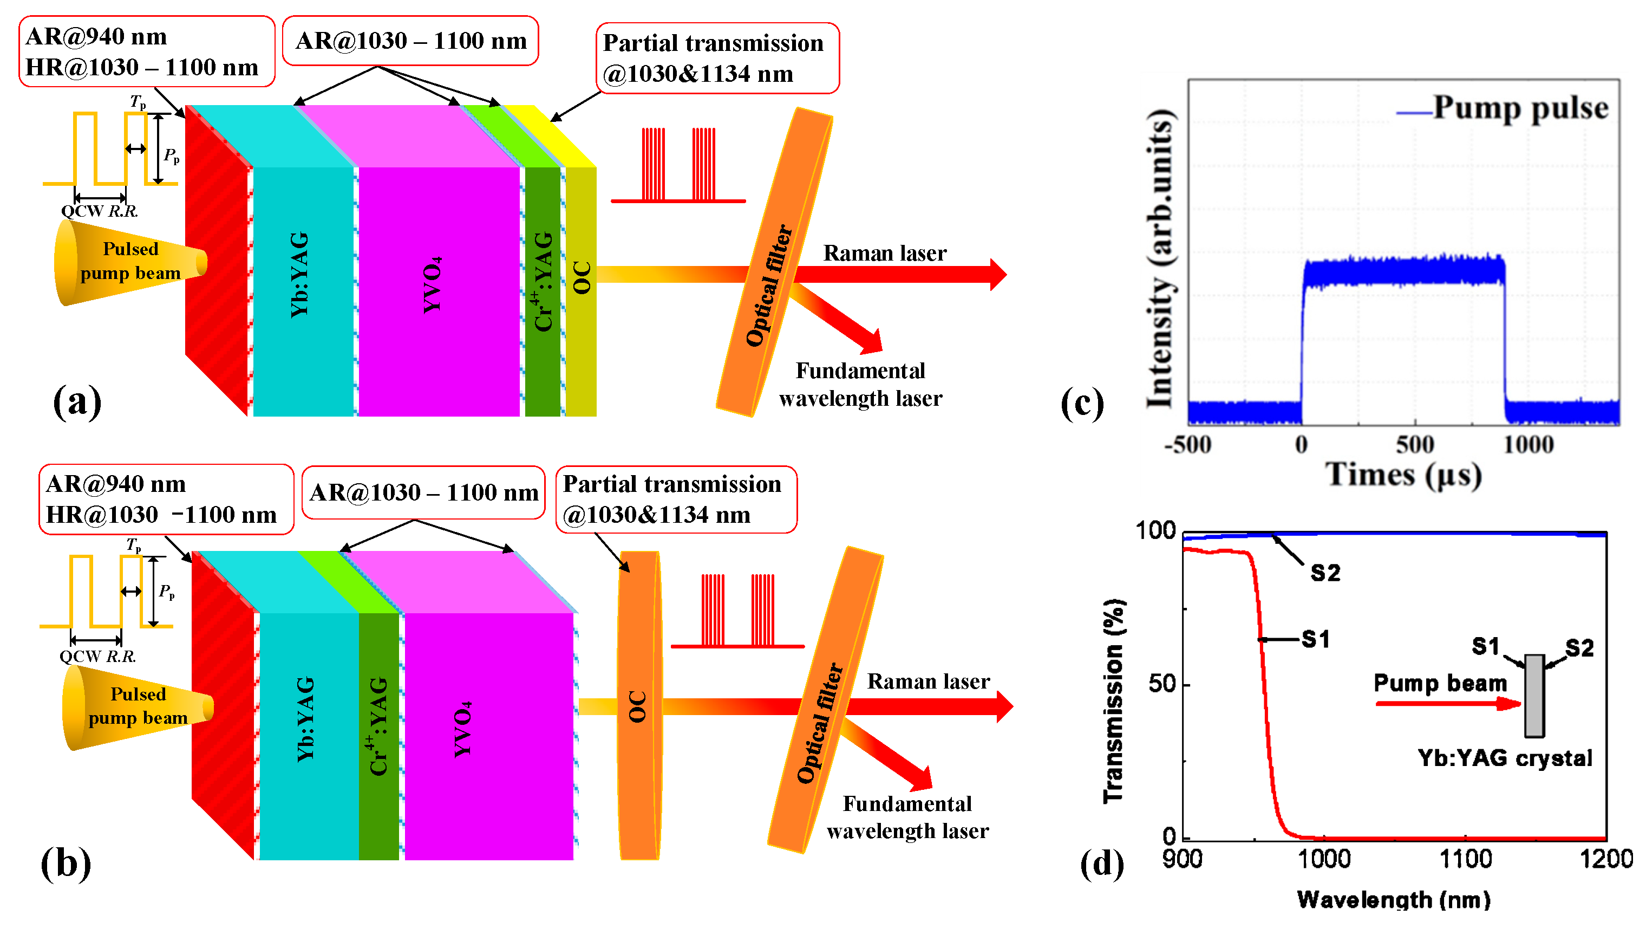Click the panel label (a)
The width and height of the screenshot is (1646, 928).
click(x=77, y=401)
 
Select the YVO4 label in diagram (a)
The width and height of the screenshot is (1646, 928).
click(x=433, y=285)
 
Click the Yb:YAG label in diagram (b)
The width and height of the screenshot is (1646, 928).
click(x=306, y=719)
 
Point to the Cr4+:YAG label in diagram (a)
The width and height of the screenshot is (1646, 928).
click(x=543, y=282)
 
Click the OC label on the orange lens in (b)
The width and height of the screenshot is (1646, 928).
click(x=638, y=706)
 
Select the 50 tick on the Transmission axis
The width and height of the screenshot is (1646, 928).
click(x=1161, y=684)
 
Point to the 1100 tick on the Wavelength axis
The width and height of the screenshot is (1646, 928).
click(x=1465, y=858)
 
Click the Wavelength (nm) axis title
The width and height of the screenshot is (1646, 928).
click(x=1393, y=900)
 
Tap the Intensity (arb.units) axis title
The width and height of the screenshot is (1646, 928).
click(x=1159, y=259)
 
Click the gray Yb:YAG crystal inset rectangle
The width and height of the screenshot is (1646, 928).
click(x=1534, y=696)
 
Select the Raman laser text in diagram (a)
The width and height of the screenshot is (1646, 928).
click(x=884, y=253)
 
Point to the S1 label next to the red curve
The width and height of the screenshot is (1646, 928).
click(x=1315, y=639)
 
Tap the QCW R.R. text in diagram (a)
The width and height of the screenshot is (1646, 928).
click(x=99, y=211)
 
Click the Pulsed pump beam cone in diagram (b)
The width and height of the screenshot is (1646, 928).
click(x=134, y=707)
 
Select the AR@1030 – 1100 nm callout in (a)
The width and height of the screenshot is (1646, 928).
click(x=410, y=41)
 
